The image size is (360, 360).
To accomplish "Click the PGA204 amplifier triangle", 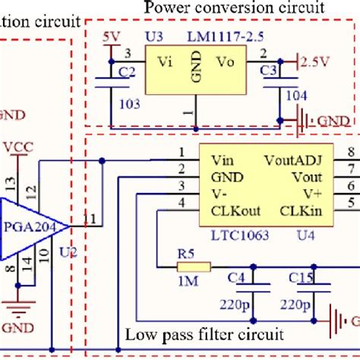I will tap(30, 226).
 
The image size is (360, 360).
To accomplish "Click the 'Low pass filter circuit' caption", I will tap(204, 333).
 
